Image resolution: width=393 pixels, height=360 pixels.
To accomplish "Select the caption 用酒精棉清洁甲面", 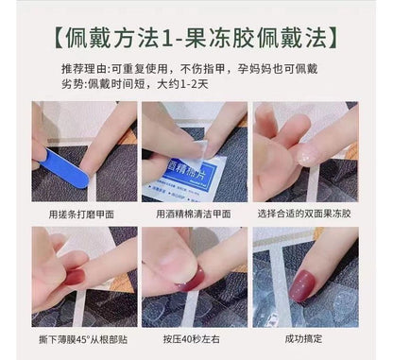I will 196,214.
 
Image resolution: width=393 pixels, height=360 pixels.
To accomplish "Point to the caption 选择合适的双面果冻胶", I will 305,214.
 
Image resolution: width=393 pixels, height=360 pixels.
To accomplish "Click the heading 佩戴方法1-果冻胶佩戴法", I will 196,39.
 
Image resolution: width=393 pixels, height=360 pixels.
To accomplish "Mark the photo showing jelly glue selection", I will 305,152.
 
